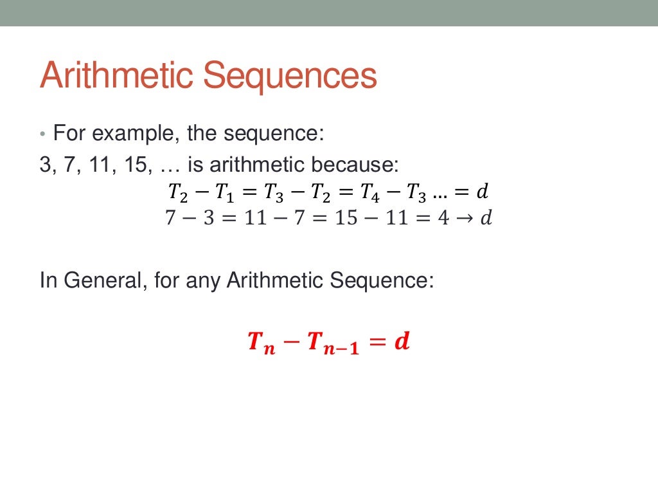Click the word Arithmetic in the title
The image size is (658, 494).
116,75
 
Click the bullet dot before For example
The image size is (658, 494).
42,135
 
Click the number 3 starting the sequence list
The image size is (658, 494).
45,165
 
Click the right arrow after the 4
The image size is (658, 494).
465,219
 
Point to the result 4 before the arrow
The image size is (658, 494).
443,219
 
